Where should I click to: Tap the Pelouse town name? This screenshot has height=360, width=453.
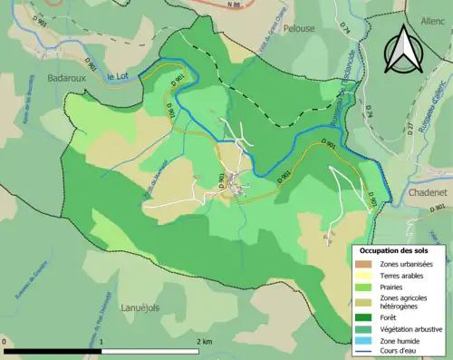pos(298,28)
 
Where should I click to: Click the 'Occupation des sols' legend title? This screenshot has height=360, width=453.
pos(395,249)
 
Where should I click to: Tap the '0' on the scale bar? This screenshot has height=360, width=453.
pos(5,342)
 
